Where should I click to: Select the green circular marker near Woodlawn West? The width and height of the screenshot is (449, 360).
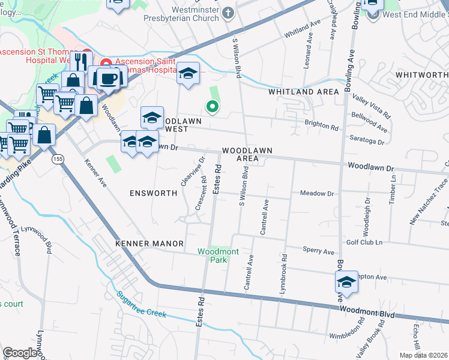tap(211, 107)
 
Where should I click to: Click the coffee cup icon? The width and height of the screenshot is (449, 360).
tap(109, 77)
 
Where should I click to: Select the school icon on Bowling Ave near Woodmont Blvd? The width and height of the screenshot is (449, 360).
tap(346, 282)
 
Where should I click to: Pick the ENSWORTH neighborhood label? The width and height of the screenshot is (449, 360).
tap(153, 193)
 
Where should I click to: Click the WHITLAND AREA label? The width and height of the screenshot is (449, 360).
tap(304, 91)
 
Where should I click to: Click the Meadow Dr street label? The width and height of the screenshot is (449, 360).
tap(316, 194)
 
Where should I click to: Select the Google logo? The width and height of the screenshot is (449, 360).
tap(20, 353)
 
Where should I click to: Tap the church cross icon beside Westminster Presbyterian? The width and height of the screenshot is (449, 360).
tap(228, 12)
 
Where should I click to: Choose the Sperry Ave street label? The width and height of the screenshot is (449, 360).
tap(318, 252)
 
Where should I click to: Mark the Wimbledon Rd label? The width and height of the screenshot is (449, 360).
tap(347, 332)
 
